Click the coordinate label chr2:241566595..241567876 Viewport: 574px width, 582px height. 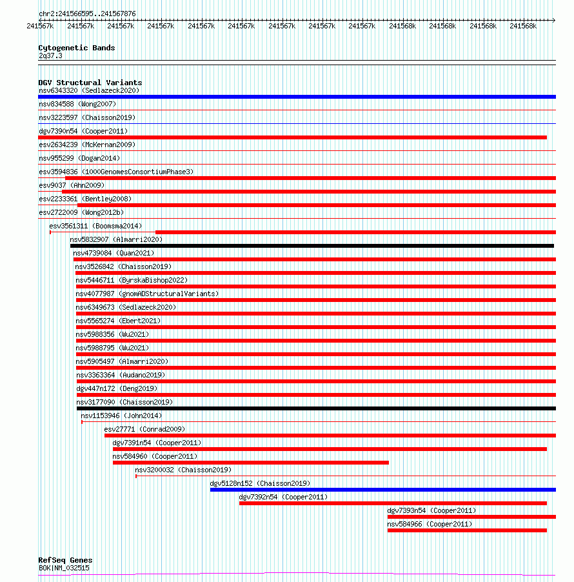87,14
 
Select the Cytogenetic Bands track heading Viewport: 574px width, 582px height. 76,48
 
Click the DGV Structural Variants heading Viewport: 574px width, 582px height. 90,83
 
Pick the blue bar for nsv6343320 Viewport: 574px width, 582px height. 297,97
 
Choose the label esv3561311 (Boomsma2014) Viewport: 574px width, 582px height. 95,226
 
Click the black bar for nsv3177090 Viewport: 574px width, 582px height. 316,408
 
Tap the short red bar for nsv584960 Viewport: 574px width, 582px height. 251,463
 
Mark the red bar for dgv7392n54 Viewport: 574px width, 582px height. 393,503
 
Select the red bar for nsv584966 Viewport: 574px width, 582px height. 467,530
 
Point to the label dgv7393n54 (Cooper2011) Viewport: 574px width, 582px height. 431,511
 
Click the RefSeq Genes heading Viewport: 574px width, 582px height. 65,560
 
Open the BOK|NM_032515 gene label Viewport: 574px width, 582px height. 64,568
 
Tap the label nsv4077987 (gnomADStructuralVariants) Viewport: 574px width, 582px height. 147,294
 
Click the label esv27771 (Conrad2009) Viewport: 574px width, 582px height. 144,429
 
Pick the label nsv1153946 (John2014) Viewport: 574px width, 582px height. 121,416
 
